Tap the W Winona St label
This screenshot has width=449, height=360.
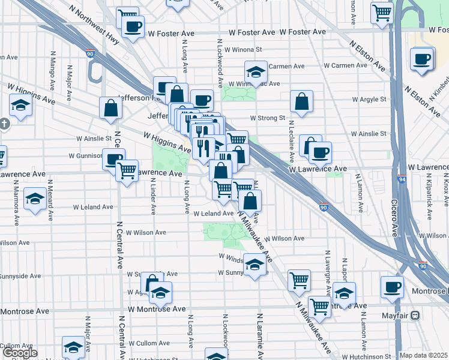tap(243, 50)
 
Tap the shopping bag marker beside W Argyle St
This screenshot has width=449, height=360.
tap(301, 101)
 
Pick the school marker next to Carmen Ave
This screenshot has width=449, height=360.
tap(256, 71)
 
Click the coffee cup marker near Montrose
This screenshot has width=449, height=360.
tap(392, 286)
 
